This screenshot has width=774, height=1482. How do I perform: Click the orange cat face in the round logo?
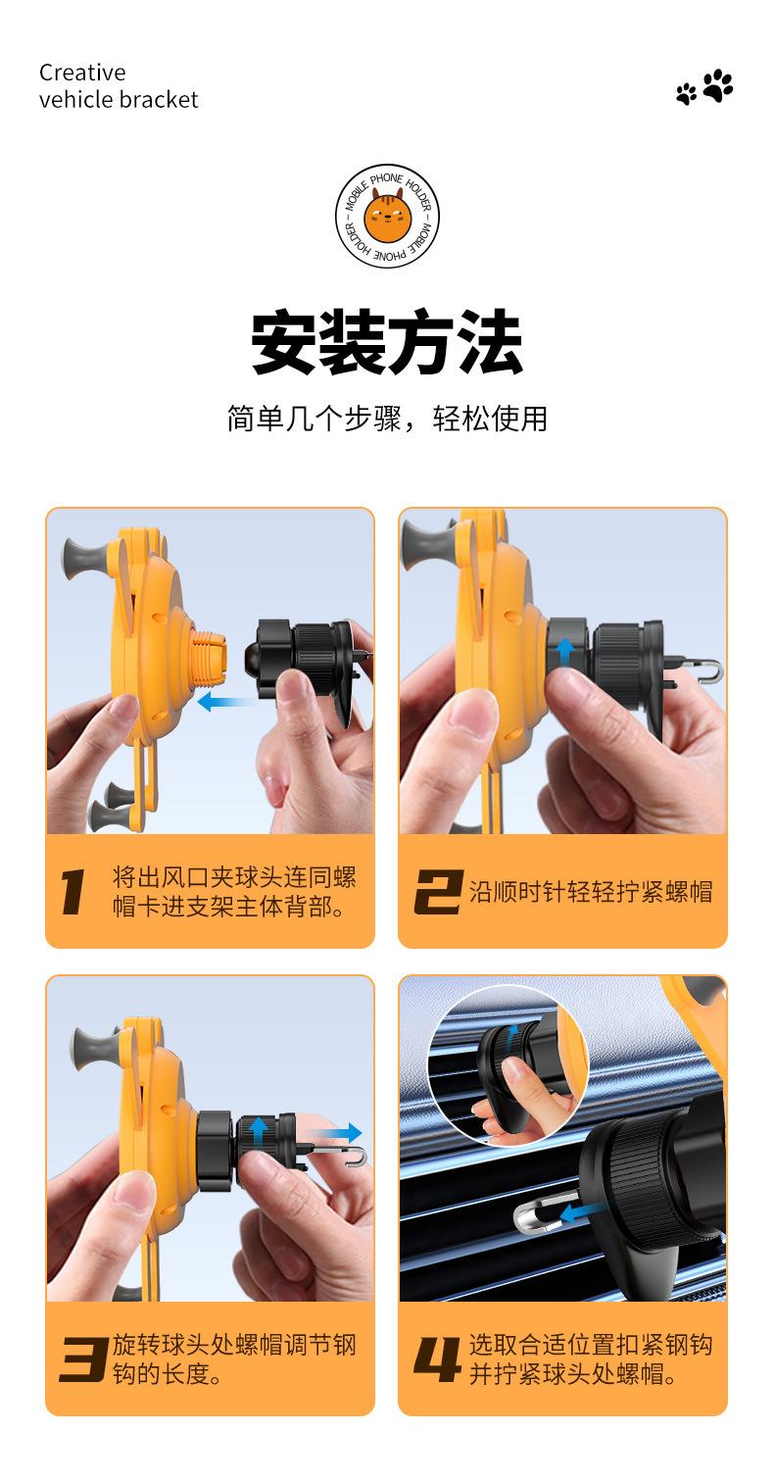tap(387, 215)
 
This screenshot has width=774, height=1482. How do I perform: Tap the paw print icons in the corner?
tap(704, 86)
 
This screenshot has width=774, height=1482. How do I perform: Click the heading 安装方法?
tap(387, 342)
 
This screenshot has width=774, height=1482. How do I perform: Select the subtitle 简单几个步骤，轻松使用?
tap(387, 419)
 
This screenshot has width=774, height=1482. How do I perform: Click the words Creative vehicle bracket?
tap(119, 86)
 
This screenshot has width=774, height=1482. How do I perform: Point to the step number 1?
tap(73, 892)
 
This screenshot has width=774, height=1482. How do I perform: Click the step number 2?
tap(438, 891)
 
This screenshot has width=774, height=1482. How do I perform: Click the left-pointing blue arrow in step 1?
tap(225, 701)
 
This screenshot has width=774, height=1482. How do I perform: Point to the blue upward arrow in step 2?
tap(565, 653)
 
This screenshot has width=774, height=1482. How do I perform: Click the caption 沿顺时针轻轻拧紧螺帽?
tap(591, 891)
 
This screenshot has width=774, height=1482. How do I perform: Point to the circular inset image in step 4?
tap(508, 1065)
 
